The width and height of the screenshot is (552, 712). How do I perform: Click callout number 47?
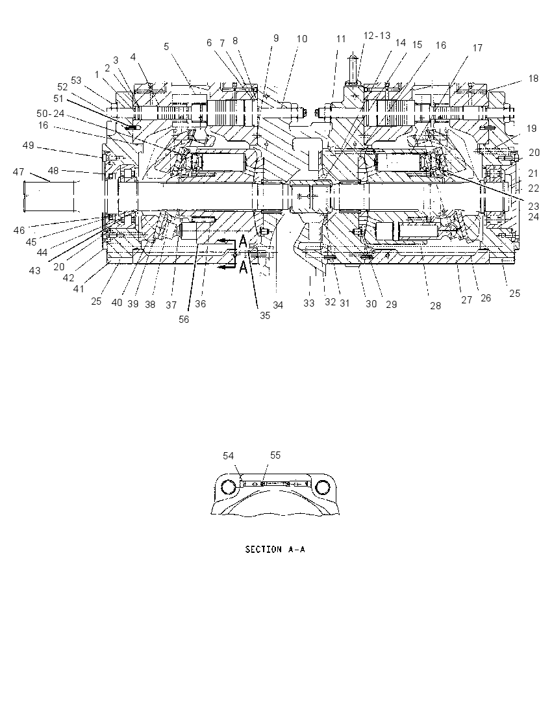pos(18,172)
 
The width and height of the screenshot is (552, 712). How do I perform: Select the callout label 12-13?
pos(377,36)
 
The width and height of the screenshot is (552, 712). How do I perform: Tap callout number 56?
pos(183,319)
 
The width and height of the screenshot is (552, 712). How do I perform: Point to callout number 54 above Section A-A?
pos(229,455)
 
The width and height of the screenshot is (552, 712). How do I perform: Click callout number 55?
pos(275,455)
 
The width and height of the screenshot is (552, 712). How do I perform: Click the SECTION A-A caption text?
pos(275,550)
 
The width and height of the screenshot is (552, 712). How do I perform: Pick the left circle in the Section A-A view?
pos(229,487)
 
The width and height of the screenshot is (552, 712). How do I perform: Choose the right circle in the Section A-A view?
pos(322,487)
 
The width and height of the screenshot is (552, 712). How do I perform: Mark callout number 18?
pos(533,78)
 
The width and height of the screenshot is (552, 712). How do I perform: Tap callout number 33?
pos(308,303)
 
